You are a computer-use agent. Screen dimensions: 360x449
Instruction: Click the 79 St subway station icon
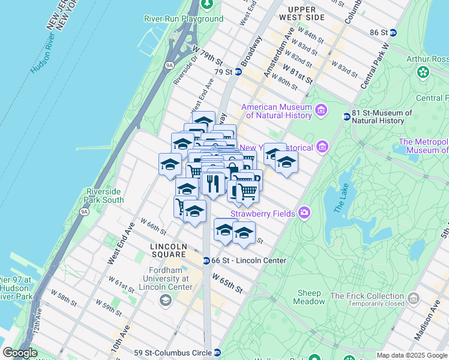point(238,72)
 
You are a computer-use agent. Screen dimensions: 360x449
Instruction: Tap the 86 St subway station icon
point(393,32)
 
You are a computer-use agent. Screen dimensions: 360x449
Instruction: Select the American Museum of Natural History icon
point(321,110)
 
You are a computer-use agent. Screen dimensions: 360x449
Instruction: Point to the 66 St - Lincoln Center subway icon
point(206,260)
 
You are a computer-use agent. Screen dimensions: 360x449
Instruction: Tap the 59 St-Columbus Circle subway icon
point(217,353)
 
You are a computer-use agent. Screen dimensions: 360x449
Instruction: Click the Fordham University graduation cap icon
point(164,300)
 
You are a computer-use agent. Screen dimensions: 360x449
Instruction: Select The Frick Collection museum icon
point(413,298)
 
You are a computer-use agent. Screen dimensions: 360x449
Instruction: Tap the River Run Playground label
point(184,19)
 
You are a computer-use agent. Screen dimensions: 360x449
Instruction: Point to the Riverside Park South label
point(104,196)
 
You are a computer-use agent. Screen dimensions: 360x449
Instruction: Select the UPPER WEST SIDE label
point(306,13)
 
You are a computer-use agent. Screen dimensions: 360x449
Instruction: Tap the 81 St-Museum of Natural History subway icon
point(346,116)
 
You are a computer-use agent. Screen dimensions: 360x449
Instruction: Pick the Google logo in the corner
point(20,353)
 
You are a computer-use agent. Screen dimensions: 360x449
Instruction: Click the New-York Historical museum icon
point(322,146)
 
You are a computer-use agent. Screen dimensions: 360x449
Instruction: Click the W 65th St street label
point(227,281)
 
